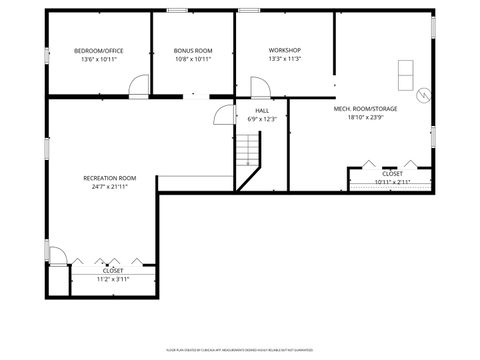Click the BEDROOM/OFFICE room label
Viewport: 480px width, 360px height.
pyautogui.click(x=99, y=50)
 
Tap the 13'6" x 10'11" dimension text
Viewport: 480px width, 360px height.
pyautogui.click(x=99, y=59)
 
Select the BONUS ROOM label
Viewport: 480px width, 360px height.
pyautogui.click(x=193, y=50)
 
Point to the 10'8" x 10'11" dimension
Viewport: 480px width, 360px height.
pyautogui.click(x=193, y=59)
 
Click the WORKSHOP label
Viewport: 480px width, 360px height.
pyautogui.click(x=284, y=50)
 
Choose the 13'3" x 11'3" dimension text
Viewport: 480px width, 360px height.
pyautogui.click(x=284, y=59)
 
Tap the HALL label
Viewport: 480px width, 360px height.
pyautogui.click(x=262, y=110)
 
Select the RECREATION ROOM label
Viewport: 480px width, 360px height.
pyautogui.click(x=110, y=178)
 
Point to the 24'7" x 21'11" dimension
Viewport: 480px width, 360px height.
pyautogui.click(x=110, y=187)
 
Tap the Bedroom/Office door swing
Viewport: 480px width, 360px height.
pyautogui.click(x=139, y=86)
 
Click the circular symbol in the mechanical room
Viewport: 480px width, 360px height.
pyautogui.click(x=423, y=96)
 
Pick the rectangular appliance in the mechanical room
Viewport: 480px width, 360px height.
pyautogui.click(x=406, y=72)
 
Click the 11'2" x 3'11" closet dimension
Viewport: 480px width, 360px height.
pyautogui.click(x=113, y=279)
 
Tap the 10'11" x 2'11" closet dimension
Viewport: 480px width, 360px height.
pyautogui.click(x=392, y=181)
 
